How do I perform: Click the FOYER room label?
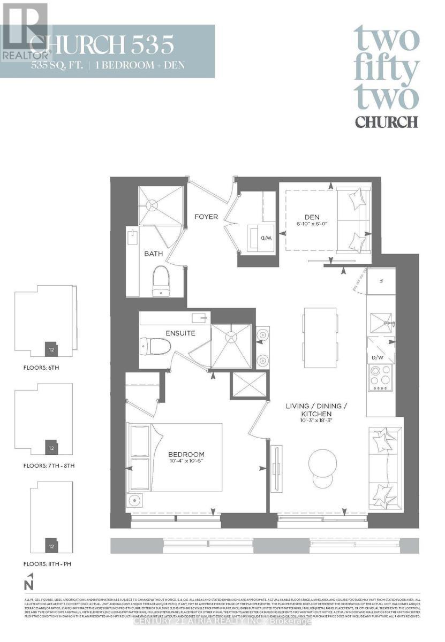[x=206, y=217]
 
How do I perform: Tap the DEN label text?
[x=312, y=217]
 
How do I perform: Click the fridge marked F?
[x=380, y=280]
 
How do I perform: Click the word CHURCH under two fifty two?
[x=386, y=121]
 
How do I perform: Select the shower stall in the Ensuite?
[x=231, y=345]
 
